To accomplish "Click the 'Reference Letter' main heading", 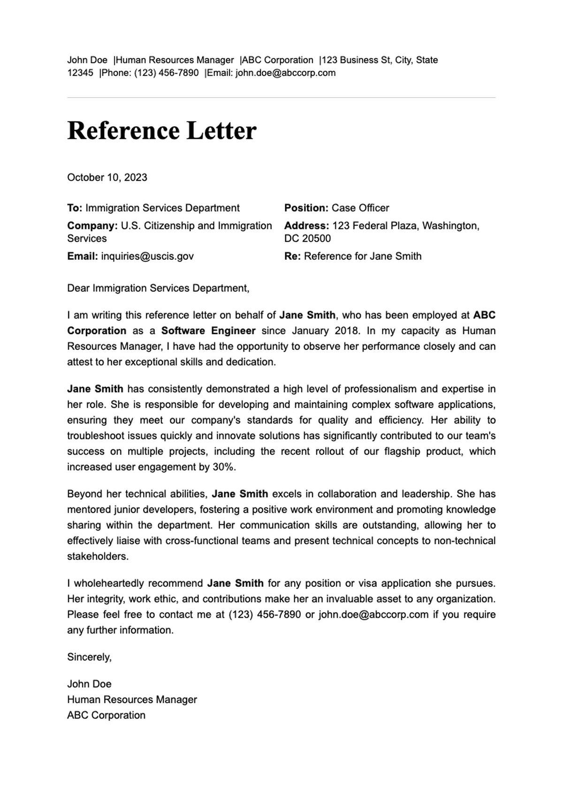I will [x=162, y=130].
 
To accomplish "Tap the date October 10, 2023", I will [x=107, y=177].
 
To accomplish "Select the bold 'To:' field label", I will [x=75, y=208].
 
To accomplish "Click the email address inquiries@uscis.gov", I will [x=147, y=256].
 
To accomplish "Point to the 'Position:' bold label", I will [x=306, y=208].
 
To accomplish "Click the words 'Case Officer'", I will [x=360, y=208].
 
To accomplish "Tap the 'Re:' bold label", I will [x=292, y=256].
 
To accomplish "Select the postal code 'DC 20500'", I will [x=307, y=238].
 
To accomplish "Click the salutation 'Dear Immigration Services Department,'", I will [x=158, y=288].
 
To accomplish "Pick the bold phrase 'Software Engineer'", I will [x=208, y=331].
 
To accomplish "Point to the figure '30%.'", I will [x=224, y=467].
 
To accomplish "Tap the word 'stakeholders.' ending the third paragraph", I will [x=98, y=556].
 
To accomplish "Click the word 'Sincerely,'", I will [x=89, y=657].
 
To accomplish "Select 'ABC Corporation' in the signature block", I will [x=106, y=715].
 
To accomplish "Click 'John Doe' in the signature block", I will [x=89, y=684].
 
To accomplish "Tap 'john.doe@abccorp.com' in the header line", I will [x=285, y=73].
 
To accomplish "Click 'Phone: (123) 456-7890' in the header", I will [x=150, y=73].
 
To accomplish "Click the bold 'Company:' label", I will [x=92, y=226].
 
